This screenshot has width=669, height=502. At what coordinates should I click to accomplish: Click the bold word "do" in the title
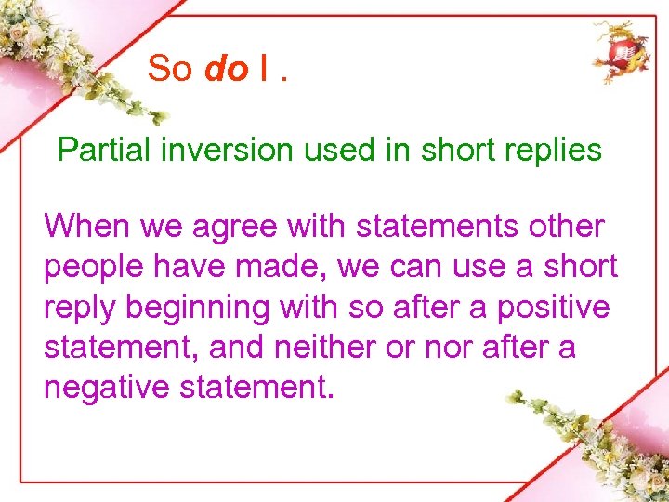click(225, 69)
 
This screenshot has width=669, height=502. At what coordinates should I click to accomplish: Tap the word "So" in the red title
click(170, 69)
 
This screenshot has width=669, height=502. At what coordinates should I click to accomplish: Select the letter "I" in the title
click(265, 69)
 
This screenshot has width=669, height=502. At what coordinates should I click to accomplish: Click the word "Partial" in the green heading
click(101, 150)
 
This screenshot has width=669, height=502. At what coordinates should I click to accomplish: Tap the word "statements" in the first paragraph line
click(433, 226)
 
